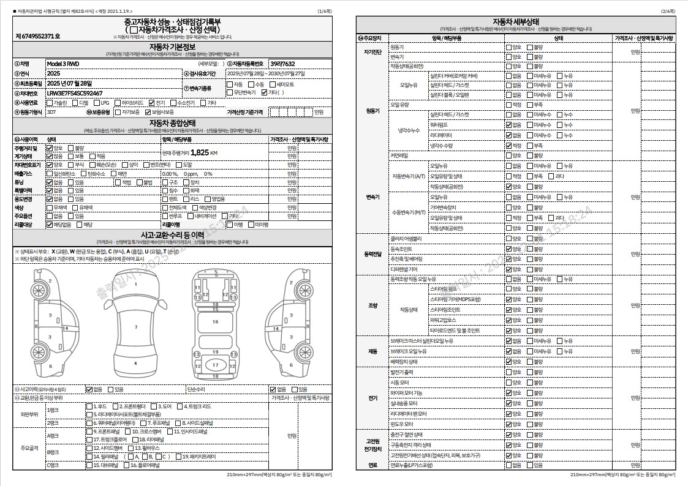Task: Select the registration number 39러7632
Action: coord(282,64)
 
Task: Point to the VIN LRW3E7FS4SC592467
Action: coord(74,93)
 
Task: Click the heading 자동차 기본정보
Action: coord(172,47)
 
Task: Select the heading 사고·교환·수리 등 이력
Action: coord(172,234)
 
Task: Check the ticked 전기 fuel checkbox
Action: coord(151,103)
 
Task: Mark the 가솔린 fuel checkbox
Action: coord(50,103)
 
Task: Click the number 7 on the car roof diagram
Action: coord(135,327)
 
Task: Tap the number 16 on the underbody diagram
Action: coord(215,321)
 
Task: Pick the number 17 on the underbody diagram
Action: coord(215,365)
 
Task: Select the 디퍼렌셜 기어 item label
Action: coord(404,269)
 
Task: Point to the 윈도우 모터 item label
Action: coord(402,424)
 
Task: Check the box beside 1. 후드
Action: coord(89,406)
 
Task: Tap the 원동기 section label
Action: coord(372,111)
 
